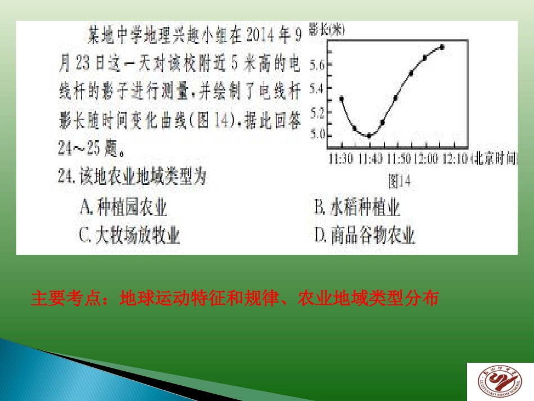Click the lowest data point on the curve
click(x=369, y=136)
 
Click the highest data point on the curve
click(x=442, y=47)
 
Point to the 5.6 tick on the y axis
click(x=318, y=65)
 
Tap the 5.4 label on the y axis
click(x=318, y=88)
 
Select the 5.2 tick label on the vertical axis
click(x=318, y=112)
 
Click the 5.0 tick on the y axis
click(x=318, y=134)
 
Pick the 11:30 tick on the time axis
click(x=341, y=159)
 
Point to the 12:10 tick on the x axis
click(x=455, y=159)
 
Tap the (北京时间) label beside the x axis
click(x=494, y=159)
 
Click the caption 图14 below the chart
click(x=400, y=181)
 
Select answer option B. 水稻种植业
click(x=357, y=208)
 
